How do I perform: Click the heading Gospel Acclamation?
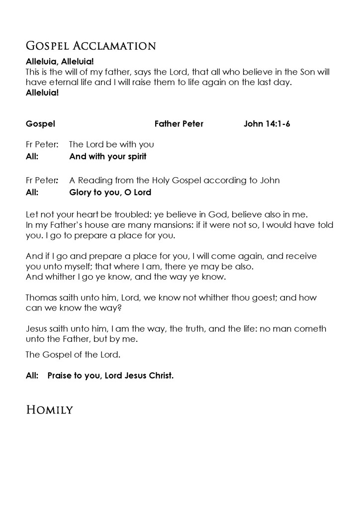pos(90,46)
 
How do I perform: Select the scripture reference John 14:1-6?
pos(267,124)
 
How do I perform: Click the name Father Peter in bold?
pos(179,124)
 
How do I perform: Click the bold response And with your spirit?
pos(107,156)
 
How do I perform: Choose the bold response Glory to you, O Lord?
pos(110,192)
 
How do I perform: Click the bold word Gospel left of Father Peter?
pos(40,124)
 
